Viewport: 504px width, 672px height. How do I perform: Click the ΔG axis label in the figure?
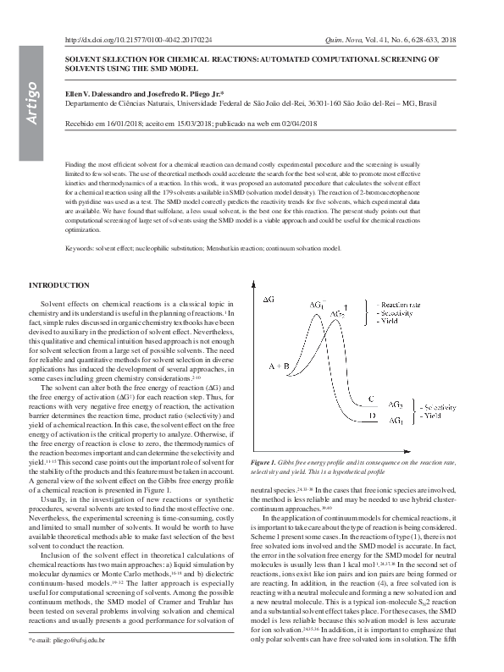point(269,299)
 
